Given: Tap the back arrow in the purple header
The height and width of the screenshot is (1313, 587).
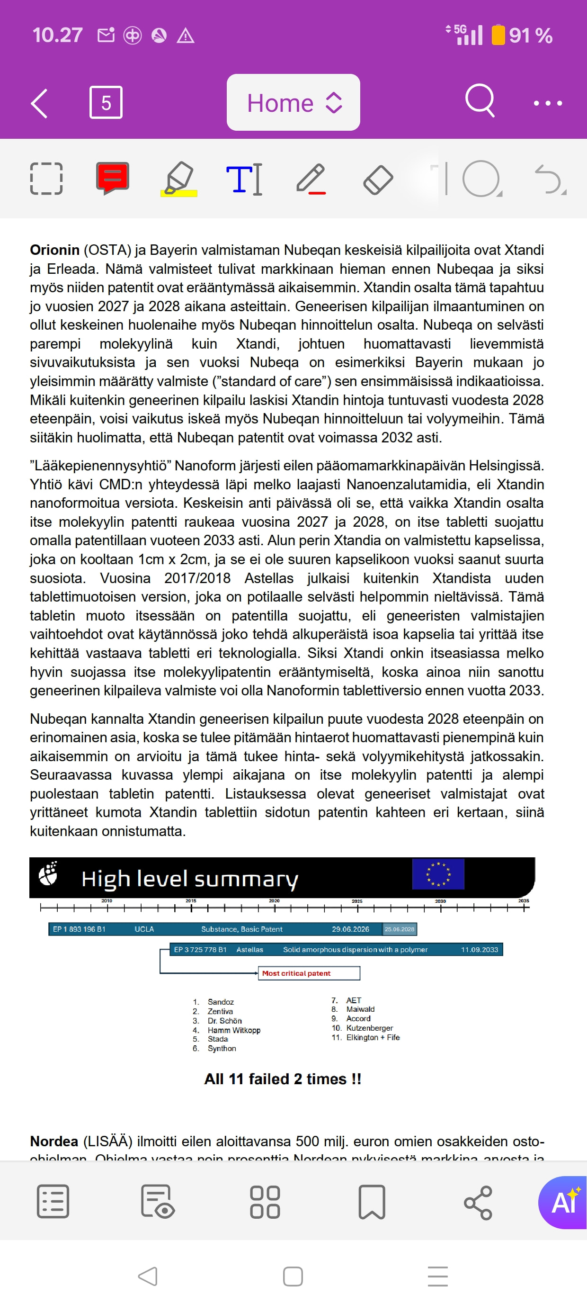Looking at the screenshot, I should (40, 103).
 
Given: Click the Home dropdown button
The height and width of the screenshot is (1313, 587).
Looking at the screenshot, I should (293, 102).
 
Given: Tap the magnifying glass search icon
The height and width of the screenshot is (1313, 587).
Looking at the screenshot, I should (480, 101).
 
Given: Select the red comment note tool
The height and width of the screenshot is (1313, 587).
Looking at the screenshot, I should (113, 178).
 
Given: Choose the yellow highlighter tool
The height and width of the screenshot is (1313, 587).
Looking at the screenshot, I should (179, 179).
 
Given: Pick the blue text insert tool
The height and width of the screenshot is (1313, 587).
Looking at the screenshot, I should (244, 179).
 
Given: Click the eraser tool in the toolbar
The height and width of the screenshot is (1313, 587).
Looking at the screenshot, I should (378, 180).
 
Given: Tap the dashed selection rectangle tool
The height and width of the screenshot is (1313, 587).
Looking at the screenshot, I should (46, 179).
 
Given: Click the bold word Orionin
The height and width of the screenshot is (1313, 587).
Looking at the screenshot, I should (54, 250).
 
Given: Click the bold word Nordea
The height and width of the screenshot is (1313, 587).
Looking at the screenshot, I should (53, 1141).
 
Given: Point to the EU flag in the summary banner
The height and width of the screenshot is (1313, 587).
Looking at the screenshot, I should (438, 874).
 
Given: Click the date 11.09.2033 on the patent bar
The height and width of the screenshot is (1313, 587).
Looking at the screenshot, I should (479, 950).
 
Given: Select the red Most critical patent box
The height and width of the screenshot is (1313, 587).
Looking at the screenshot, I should (309, 973).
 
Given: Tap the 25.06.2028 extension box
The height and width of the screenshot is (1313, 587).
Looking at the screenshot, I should (400, 929).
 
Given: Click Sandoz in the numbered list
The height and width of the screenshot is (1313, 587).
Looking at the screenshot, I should (220, 1002).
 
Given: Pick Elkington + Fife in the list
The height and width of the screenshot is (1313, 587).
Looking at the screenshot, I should (373, 1038).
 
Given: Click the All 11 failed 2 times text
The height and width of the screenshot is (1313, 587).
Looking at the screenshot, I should (282, 1079).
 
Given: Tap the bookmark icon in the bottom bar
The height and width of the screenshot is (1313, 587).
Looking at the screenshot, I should (372, 1202).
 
